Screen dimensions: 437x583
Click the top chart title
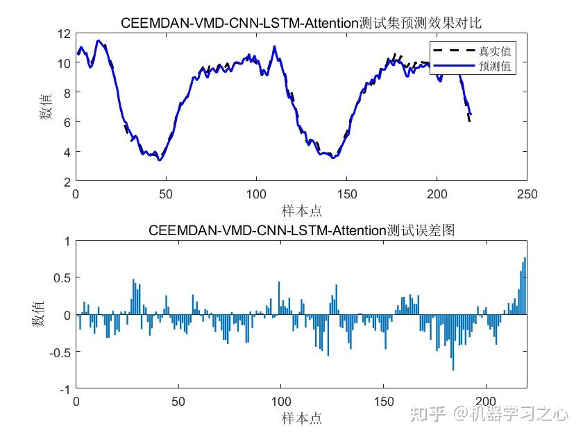[301, 23]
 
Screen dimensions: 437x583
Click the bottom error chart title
[301, 230]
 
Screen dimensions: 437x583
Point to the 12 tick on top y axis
[65, 33]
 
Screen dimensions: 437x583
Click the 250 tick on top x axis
[527, 194]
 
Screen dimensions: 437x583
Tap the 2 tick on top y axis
[67, 182]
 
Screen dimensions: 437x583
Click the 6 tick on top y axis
[67, 122]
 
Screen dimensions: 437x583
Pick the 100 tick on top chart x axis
[256, 194]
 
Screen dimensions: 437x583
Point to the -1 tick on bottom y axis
[65, 389]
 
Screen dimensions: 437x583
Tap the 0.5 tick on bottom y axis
[62, 278]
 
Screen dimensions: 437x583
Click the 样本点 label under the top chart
[301, 210]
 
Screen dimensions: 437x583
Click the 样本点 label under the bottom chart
[301, 418]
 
